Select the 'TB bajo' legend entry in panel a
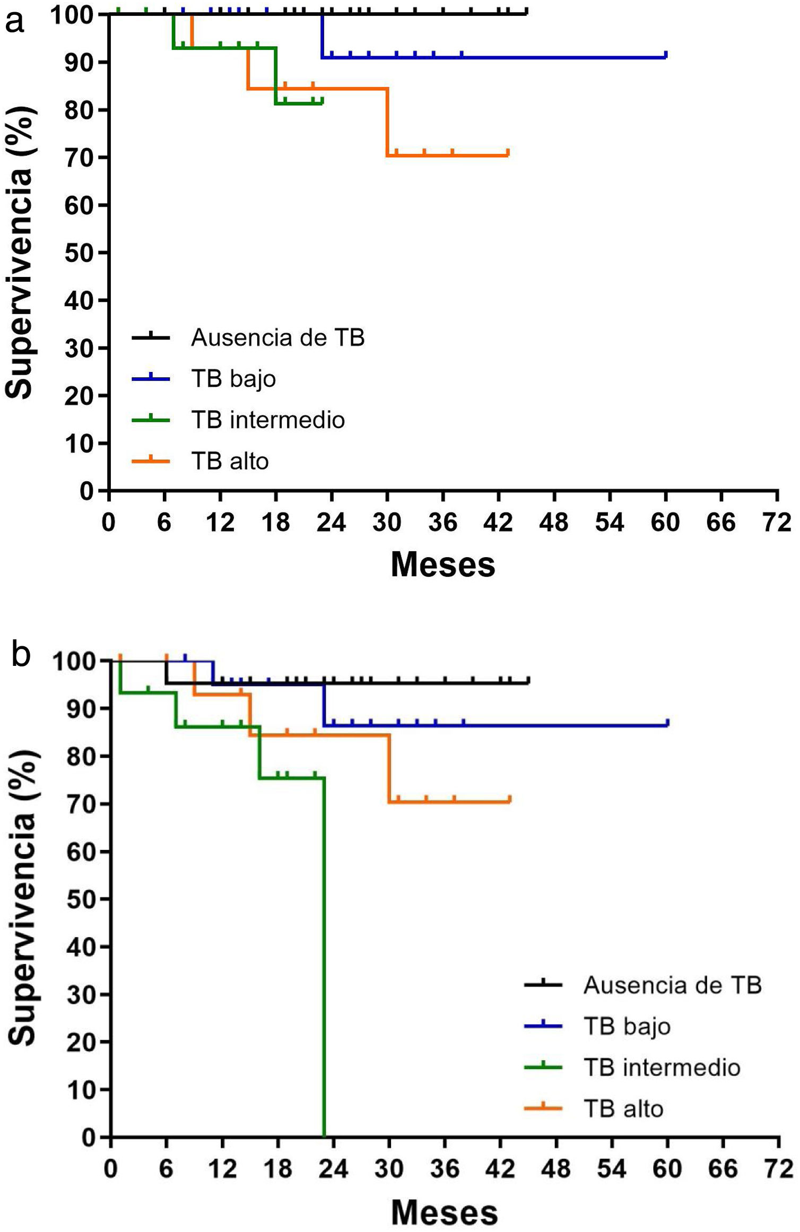coord(233,379)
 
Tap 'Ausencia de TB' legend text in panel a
coord(277,337)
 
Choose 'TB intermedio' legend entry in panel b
coord(662,1068)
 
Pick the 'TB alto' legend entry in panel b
coord(623,1109)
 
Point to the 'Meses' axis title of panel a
coord(443,565)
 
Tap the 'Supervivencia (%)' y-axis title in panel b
coord(22,898)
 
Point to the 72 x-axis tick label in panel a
coord(777,523)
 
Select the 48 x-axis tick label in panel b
coord(555,1169)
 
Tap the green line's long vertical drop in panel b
coord(324,955)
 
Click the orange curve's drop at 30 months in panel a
coord(388,122)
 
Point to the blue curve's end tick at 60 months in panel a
coord(666,54)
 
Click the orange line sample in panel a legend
coord(151,461)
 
